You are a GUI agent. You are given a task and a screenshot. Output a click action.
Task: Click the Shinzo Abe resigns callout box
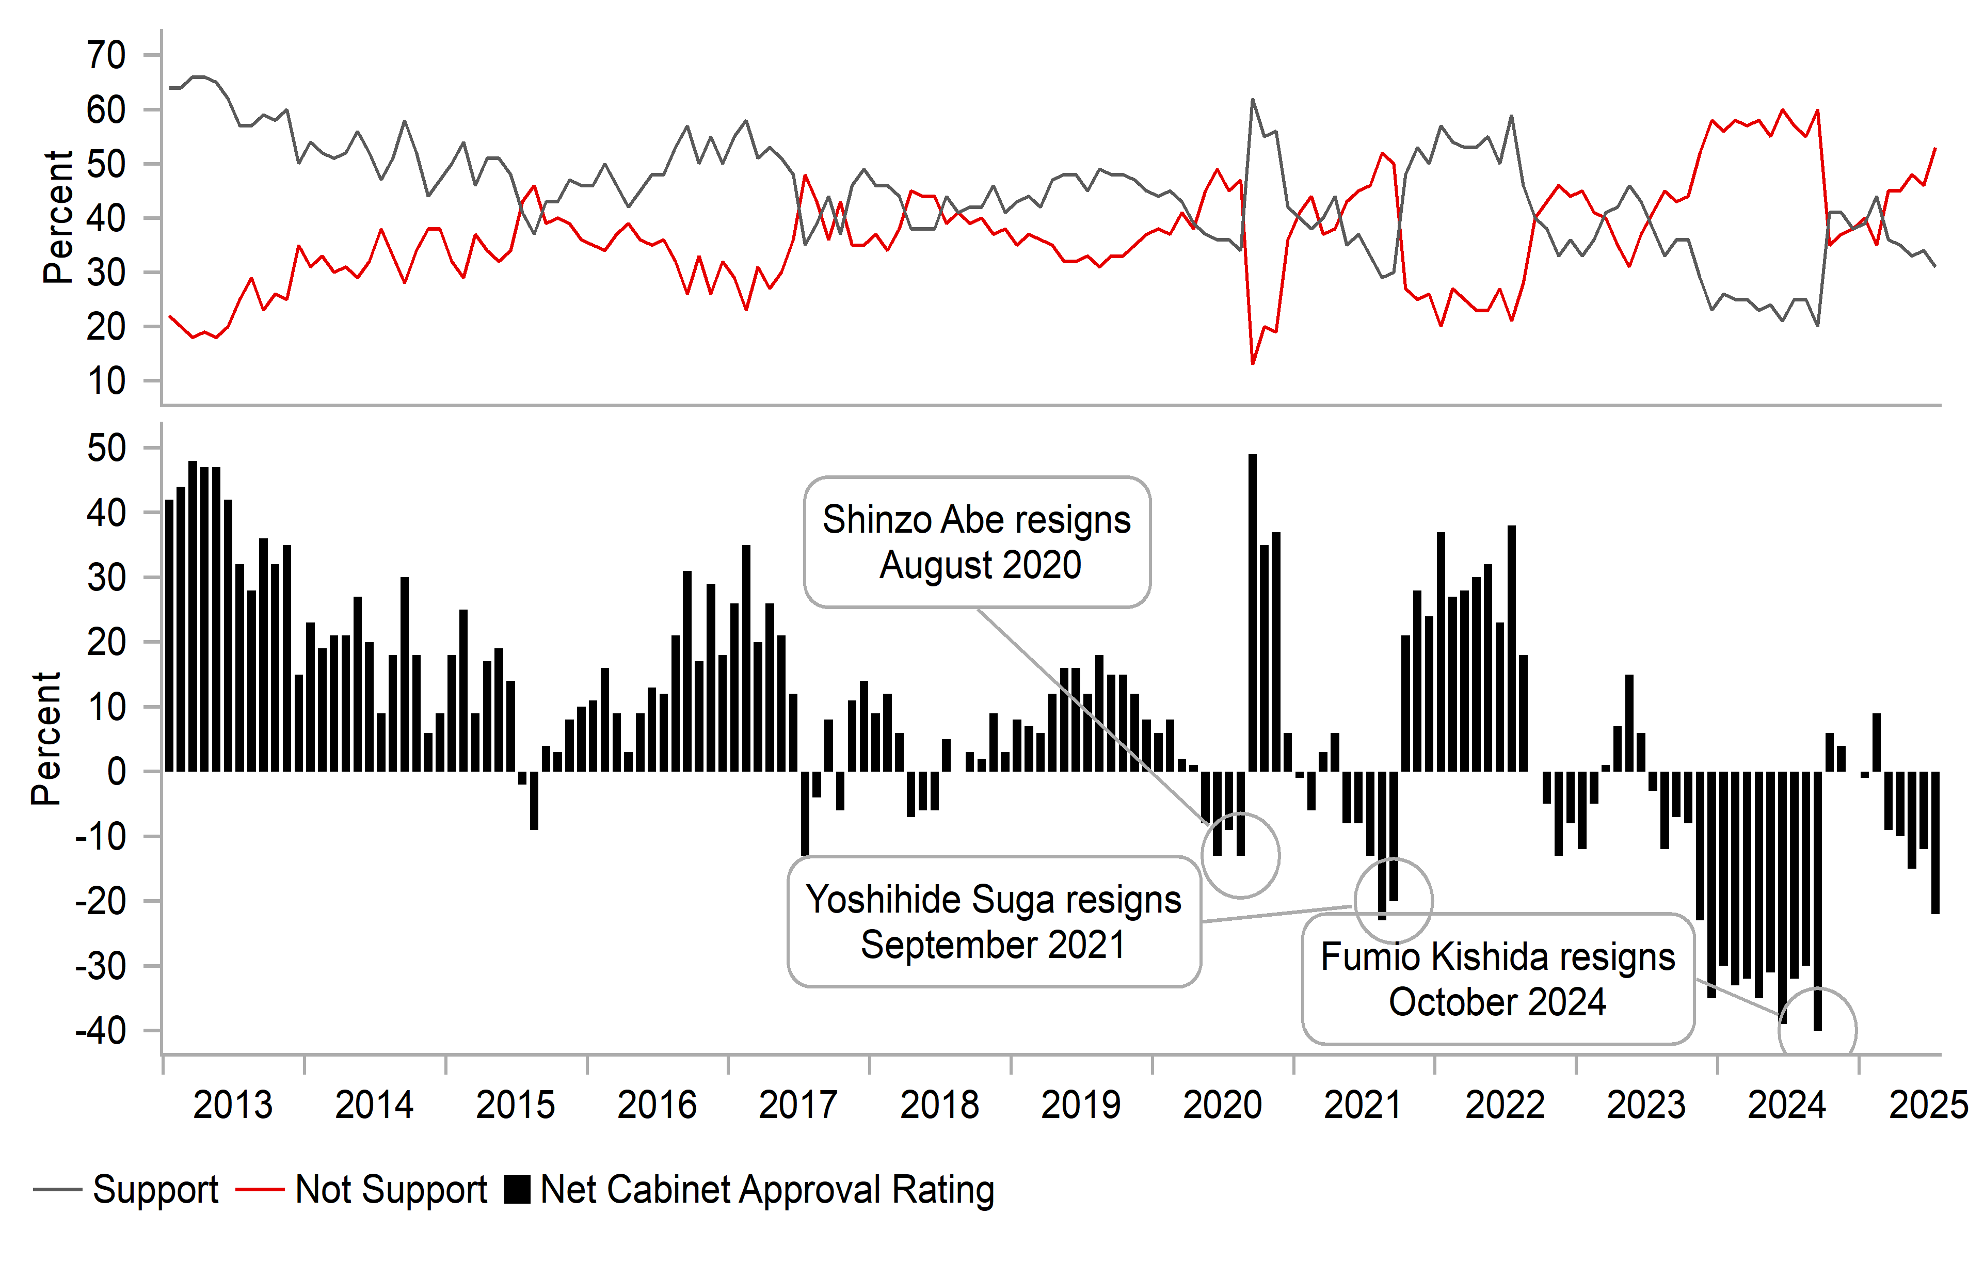(977, 542)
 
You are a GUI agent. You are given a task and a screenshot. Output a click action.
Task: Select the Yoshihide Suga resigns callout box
(994, 922)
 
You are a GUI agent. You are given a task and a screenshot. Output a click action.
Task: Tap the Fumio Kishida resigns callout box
(1497, 979)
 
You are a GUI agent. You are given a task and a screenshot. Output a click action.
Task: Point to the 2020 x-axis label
(1222, 1105)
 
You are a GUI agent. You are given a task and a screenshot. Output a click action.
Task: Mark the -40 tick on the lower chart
(101, 1031)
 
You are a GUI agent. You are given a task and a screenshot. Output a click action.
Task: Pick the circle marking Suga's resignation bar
(1393, 900)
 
